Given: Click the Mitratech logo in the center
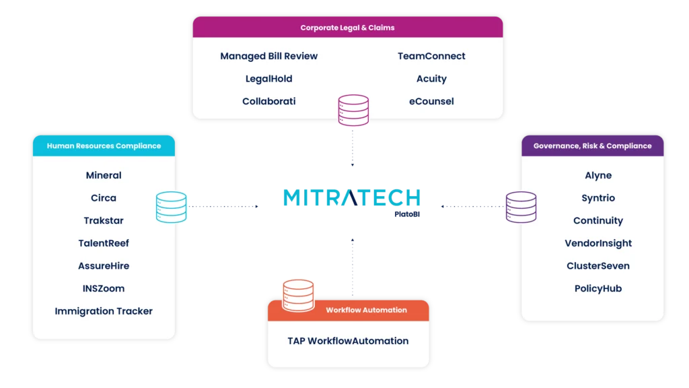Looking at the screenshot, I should point(351,198).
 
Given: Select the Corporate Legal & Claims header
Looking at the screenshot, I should point(347,28).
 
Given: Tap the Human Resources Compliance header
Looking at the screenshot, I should point(104,145).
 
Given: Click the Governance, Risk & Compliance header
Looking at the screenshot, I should point(592,145).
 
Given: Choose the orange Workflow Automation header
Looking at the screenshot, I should point(366,310).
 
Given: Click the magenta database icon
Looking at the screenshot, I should point(353,110).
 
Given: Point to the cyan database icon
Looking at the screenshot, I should point(171,207).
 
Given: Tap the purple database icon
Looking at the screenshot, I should point(521,207).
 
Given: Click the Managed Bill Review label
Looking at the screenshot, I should point(268,56).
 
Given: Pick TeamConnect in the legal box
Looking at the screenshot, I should point(431,56).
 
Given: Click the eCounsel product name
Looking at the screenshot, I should point(431,101).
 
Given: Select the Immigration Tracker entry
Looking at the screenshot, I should point(104,311).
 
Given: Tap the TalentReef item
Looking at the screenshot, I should point(104,243).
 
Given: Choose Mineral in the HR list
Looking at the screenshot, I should point(104,175).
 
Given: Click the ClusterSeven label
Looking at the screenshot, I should point(598,266).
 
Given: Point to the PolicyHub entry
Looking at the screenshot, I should point(598,288).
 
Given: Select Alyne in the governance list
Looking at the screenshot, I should point(598,175).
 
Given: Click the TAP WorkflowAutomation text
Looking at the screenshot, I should point(348,341).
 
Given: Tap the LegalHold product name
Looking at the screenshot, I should point(268,79).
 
